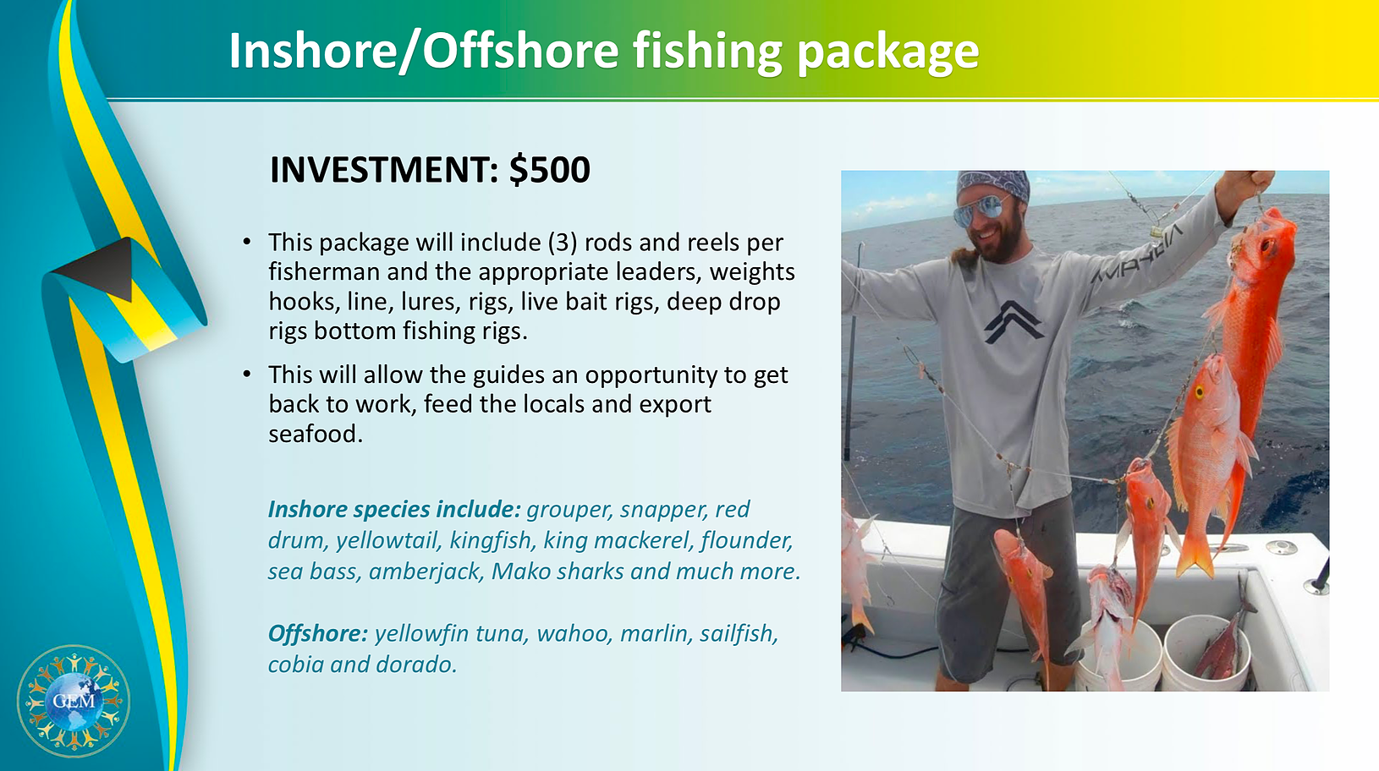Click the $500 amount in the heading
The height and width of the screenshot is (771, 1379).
[x=550, y=170]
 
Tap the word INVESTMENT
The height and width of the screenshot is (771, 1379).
[x=384, y=170]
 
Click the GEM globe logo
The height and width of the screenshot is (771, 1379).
[x=74, y=701]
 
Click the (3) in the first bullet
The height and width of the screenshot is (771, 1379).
[x=563, y=243]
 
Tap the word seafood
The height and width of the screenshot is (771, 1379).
[x=316, y=435]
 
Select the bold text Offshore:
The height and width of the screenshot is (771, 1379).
[x=317, y=633]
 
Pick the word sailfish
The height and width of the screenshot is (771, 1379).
[x=739, y=633]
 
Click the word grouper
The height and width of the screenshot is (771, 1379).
[x=569, y=510]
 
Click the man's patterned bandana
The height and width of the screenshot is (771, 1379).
[x=992, y=185]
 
